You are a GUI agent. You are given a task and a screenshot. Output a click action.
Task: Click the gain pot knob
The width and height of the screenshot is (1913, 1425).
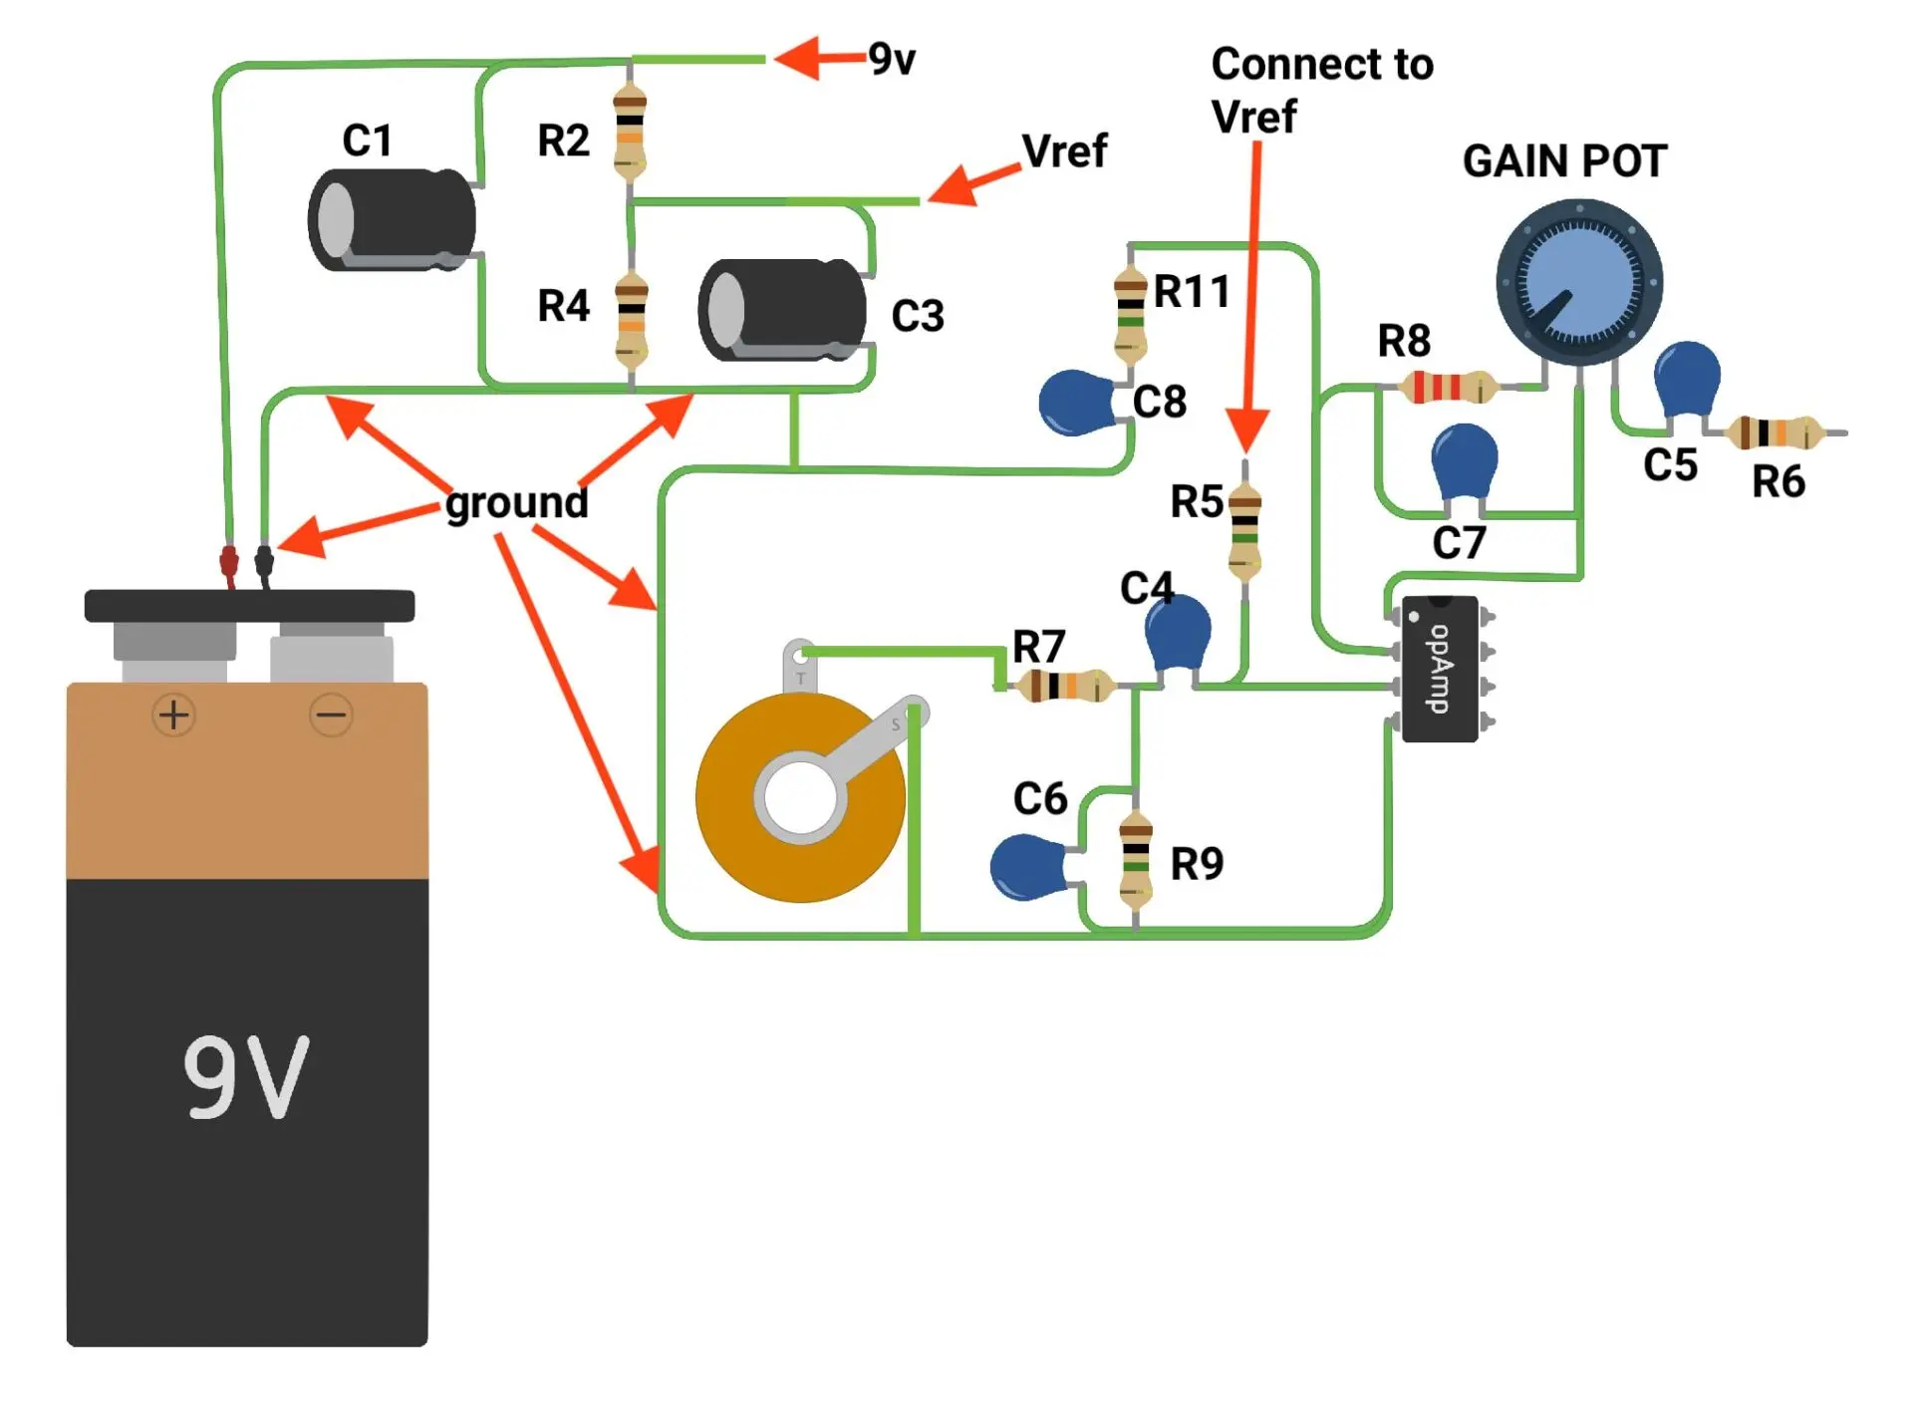(x=1579, y=283)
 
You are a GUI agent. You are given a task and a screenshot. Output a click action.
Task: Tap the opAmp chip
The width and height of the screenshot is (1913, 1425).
(x=1440, y=669)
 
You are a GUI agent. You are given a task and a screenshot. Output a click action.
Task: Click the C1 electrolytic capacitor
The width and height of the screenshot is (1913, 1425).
(x=393, y=219)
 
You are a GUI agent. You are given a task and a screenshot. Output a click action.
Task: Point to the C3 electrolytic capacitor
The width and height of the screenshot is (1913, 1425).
(x=783, y=310)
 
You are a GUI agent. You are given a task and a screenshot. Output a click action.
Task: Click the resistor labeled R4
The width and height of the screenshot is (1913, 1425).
(x=632, y=319)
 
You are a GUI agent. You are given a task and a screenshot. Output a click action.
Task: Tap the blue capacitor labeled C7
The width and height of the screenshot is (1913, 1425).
(x=1464, y=461)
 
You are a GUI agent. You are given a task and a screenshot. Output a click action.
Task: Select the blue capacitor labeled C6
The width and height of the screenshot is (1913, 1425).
(x=1028, y=867)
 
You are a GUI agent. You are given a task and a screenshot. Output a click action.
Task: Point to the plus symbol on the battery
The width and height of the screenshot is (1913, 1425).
(x=174, y=714)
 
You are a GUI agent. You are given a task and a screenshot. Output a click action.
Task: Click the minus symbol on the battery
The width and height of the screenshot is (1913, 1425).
(x=331, y=714)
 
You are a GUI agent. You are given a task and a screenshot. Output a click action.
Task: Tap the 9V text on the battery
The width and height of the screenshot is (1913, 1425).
(x=246, y=1076)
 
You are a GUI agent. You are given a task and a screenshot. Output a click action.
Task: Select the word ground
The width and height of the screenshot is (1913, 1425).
(x=516, y=502)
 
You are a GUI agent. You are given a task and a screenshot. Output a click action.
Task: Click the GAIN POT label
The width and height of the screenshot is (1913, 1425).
(x=1564, y=161)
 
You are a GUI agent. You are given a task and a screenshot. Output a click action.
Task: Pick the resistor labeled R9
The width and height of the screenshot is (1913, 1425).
(x=1136, y=860)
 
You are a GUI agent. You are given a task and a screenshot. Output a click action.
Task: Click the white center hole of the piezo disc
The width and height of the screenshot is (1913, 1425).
(x=800, y=798)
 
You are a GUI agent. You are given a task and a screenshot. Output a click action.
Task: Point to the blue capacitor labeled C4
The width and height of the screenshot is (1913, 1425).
(x=1178, y=634)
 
